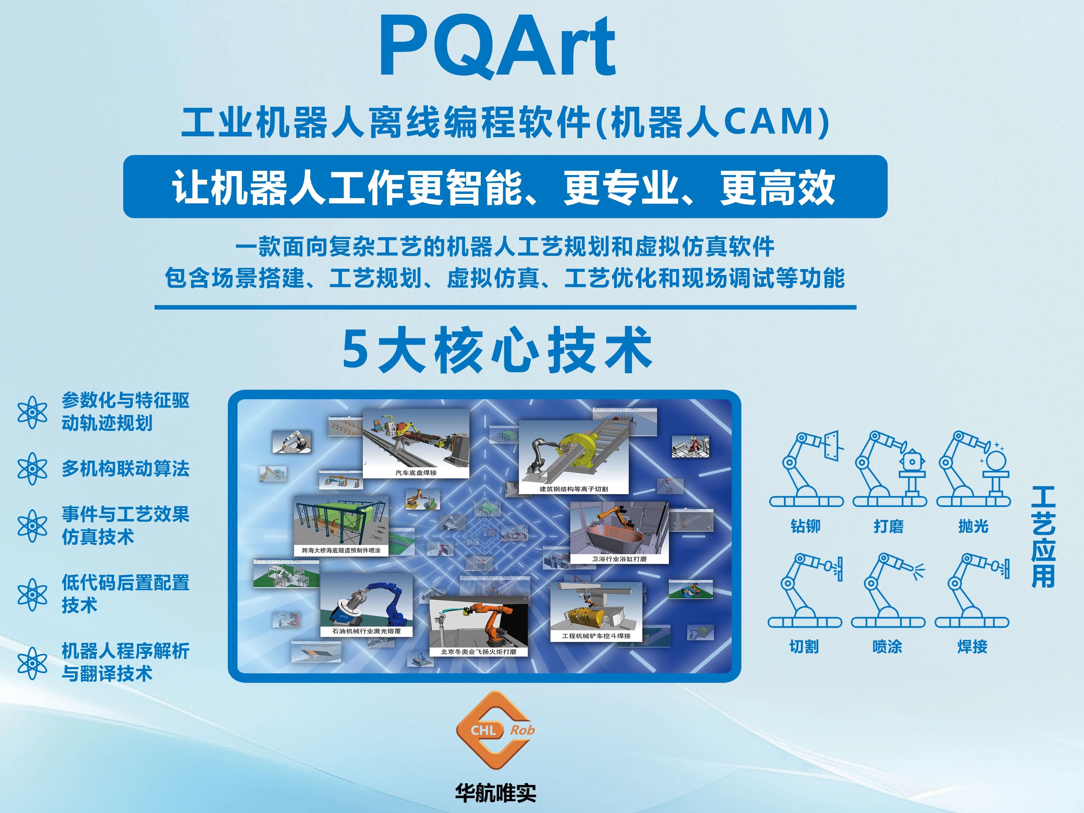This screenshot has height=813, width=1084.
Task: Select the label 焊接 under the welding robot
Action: (x=972, y=646)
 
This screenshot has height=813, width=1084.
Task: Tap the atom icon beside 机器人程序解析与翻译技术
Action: (x=32, y=663)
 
